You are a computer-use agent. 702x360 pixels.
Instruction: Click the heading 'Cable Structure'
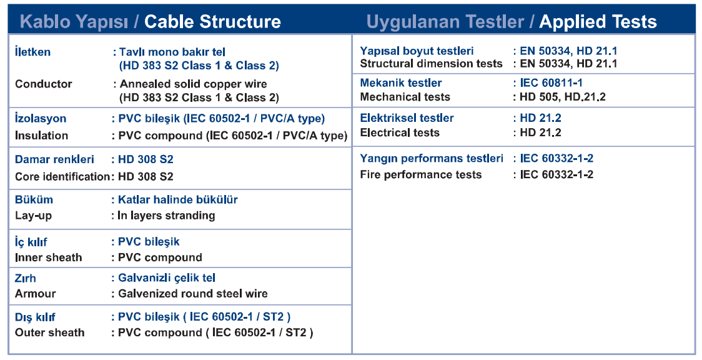[212, 21]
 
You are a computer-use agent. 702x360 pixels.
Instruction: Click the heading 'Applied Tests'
[598, 21]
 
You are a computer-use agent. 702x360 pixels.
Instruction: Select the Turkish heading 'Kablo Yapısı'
[74, 22]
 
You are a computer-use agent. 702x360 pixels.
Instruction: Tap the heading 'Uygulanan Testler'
[445, 22]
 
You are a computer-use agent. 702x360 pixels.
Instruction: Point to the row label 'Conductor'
[44, 84]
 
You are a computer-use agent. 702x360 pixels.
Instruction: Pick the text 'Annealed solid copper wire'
[194, 84]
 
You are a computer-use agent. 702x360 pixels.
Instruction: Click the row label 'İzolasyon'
[41, 119]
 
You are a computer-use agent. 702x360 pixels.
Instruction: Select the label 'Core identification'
[62, 176]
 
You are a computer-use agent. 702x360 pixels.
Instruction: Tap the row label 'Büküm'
[34, 199]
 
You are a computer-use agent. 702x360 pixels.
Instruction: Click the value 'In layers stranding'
[166, 216]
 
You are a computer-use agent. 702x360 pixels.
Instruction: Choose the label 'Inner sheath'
[48, 257]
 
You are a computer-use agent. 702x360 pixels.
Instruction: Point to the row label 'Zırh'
[25, 278]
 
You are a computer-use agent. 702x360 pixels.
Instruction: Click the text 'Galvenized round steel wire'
[193, 294]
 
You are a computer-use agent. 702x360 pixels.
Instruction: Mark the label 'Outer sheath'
[50, 332]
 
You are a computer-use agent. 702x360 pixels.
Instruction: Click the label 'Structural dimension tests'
[431, 64]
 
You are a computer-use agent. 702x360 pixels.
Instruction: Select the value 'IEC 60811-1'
[551, 83]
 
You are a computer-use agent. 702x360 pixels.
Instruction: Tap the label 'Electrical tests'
[400, 132]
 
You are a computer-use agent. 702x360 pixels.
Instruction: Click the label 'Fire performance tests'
[421, 174]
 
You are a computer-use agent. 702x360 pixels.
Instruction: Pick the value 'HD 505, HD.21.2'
[563, 97]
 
